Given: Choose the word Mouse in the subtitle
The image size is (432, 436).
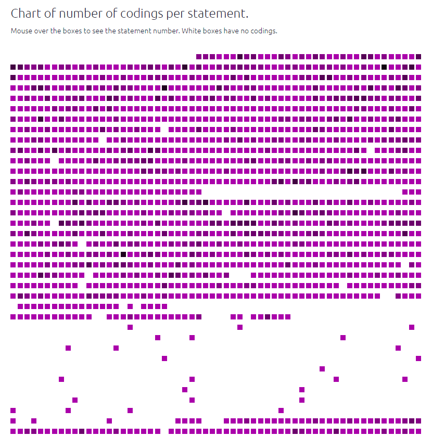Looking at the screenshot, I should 21,31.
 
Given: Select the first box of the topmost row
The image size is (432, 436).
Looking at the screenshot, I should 199,56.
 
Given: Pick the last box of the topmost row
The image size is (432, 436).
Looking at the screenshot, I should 418,56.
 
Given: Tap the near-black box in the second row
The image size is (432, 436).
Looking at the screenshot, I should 384,67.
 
